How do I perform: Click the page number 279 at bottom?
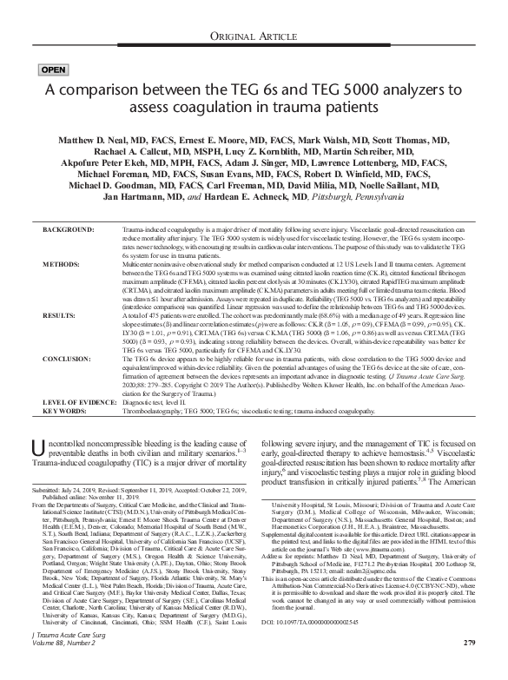[x=470, y=666]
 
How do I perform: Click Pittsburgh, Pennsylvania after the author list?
[x=413, y=197]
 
